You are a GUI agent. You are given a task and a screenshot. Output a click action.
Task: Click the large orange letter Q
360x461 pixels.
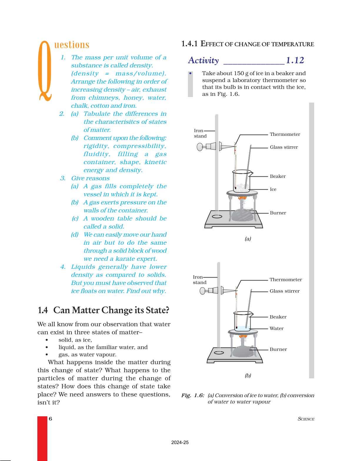click(45, 71)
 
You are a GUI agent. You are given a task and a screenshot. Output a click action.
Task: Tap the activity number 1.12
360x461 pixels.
click(295, 60)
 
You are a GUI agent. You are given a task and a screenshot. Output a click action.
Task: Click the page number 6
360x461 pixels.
click(50, 419)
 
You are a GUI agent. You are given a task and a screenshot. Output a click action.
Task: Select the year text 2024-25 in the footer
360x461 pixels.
click(180, 442)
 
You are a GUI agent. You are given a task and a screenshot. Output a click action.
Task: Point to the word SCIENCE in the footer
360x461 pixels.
click(306, 419)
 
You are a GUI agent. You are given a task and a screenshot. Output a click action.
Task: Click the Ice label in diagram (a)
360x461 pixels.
click(273, 189)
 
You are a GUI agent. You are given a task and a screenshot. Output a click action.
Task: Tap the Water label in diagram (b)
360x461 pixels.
click(276, 328)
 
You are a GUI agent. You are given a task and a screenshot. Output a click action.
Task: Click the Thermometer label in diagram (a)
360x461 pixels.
click(285, 134)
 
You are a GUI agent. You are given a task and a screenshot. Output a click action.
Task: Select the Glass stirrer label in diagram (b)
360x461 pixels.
click(284, 291)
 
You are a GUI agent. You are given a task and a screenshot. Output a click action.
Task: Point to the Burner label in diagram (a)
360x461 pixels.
click(278, 213)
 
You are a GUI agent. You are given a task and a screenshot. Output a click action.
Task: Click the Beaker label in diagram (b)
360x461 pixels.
click(278, 317)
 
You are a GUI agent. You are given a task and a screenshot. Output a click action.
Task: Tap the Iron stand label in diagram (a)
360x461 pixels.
click(200, 133)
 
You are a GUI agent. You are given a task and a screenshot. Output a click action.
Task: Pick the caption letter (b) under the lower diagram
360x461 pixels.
click(248, 375)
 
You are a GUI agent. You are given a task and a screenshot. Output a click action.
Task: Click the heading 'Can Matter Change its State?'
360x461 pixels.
click(111, 310)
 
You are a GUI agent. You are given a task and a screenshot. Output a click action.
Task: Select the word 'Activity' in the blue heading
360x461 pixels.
click(203, 61)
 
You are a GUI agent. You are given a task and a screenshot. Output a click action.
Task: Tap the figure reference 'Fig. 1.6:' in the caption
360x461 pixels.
click(193, 395)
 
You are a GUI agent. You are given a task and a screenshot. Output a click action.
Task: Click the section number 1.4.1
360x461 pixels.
click(189, 44)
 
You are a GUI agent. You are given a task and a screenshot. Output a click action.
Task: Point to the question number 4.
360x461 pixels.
click(63, 267)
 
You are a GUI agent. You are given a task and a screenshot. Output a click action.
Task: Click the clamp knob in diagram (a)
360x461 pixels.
click(200, 146)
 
